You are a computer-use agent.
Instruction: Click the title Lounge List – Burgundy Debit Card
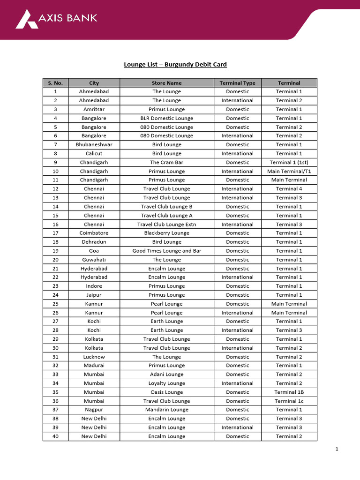coord(175,64)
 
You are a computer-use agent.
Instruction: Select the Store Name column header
coord(166,83)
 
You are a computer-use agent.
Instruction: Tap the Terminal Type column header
coord(237,83)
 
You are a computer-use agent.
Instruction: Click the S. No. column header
coord(55,83)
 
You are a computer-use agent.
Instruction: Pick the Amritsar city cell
coord(94,109)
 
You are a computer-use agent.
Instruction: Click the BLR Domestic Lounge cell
coord(166,118)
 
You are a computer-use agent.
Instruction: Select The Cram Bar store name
coord(166,162)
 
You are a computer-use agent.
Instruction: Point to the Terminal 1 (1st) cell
coord(289,162)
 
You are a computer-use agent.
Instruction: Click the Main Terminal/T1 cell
coord(289,171)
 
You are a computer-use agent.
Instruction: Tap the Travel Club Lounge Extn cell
coord(166,224)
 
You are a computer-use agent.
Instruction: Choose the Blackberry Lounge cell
coord(166,233)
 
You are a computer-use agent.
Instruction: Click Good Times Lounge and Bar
coord(166,251)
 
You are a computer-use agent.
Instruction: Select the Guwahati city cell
coord(94,260)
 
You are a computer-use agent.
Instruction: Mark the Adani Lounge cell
coord(166,374)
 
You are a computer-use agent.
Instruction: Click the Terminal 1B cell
coord(289,392)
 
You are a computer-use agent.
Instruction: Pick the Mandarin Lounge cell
coord(166,410)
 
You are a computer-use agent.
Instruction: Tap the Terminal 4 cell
coord(289,189)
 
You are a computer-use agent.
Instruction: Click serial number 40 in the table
coord(55,436)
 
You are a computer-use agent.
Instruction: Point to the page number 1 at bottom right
coord(337,449)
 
